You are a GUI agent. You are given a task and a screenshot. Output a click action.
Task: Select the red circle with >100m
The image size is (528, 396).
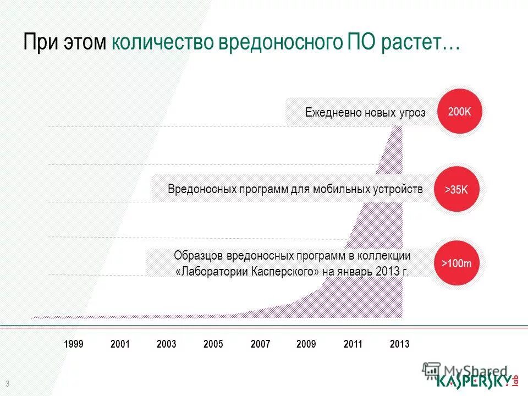tap(456, 263)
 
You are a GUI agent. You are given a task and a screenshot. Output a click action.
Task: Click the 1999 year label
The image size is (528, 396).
tap(74, 344)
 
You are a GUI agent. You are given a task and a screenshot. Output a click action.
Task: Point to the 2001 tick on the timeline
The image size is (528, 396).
tap(120, 344)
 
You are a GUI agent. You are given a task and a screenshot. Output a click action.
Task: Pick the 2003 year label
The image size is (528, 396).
tap(167, 344)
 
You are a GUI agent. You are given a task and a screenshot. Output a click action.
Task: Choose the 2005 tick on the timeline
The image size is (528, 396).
tap(213, 344)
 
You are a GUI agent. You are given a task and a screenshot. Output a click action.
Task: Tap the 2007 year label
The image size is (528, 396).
tap(260, 344)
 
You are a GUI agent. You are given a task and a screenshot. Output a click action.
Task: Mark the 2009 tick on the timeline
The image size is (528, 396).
tap(306, 344)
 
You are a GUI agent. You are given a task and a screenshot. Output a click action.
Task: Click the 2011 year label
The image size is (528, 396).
tap(353, 344)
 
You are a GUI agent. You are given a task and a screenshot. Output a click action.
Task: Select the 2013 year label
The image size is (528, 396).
tap(400, 344)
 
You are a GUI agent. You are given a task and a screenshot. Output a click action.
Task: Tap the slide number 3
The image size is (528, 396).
tap(8, 383)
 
